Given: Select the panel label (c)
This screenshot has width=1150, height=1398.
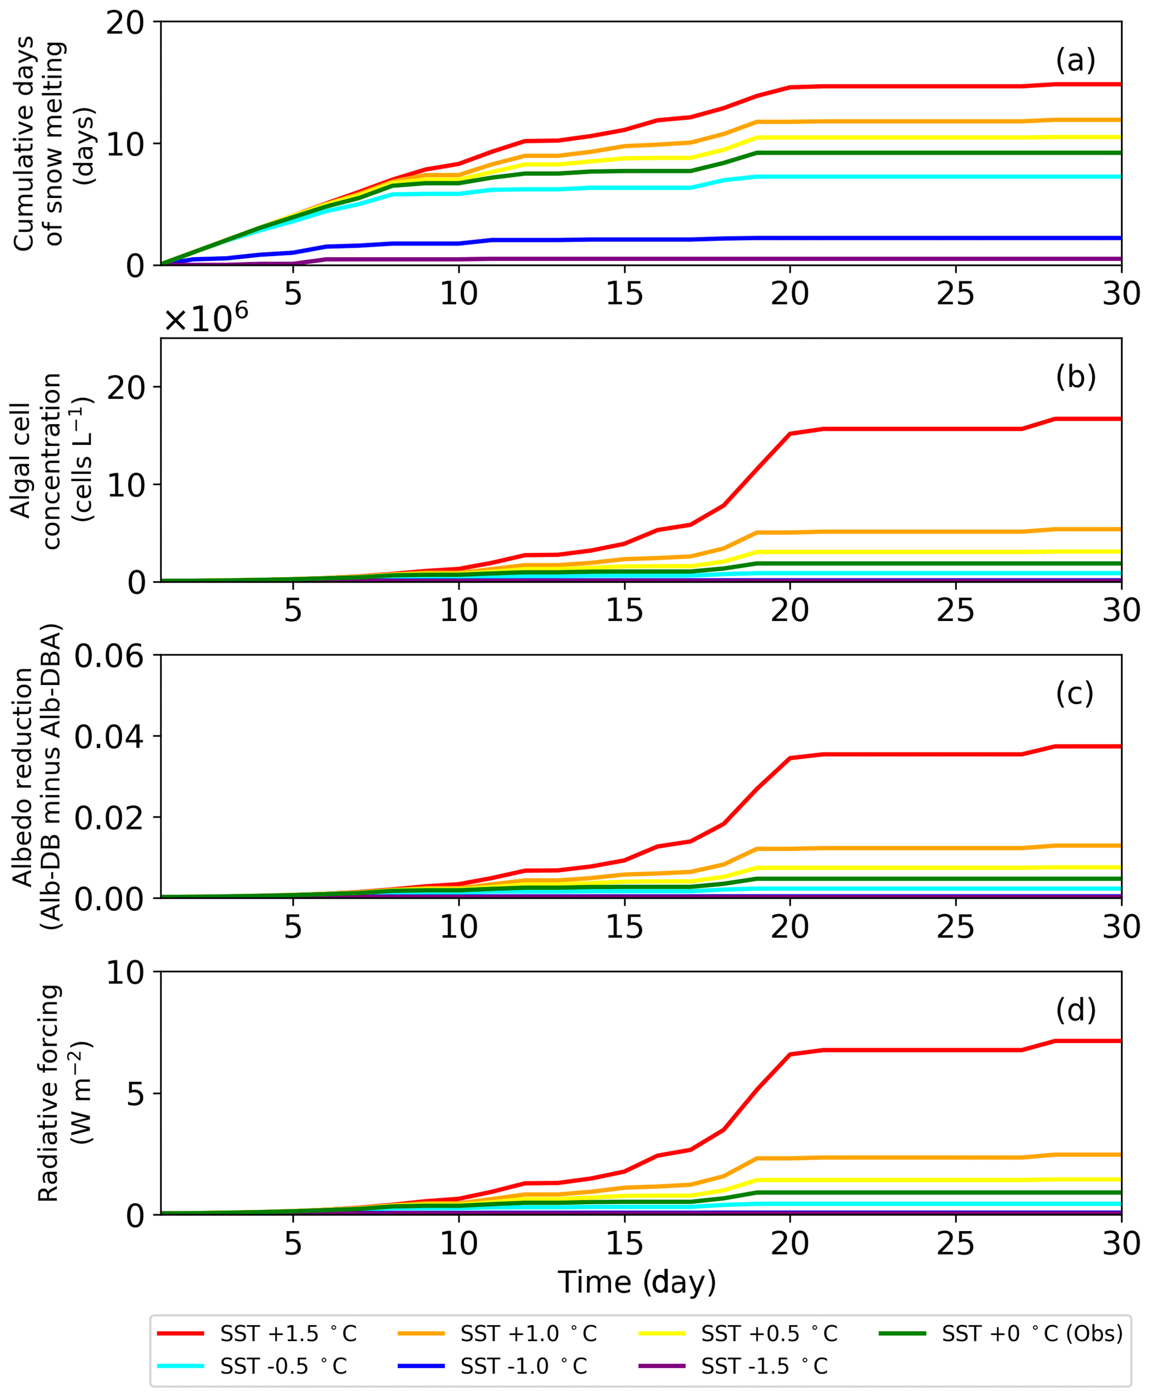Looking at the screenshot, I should click(1075, 693).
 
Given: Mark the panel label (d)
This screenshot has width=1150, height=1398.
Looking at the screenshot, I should click(1075, 1010).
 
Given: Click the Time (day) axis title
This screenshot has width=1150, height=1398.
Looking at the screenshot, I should click(637, 1282).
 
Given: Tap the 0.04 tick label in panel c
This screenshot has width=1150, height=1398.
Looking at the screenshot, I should click(109, 737).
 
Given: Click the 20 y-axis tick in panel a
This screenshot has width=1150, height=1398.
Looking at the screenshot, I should click(125, 23).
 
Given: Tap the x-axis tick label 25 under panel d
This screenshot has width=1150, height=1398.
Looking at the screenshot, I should click(955, 1244).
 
